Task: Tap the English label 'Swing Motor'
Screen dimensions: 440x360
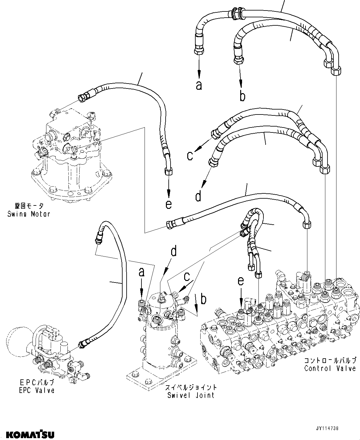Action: (x=29, y=214)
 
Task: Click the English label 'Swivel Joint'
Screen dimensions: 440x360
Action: (x=191, y=395)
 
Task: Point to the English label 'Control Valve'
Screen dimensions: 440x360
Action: (x=330, y=368)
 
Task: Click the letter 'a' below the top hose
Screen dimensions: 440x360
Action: (x=199, y=85)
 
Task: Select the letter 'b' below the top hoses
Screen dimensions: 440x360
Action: (x=242, y=96)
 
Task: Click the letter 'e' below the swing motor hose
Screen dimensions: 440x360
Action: (x=168, y=204)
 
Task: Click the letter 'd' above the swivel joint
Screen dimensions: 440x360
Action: (x=174, y=251)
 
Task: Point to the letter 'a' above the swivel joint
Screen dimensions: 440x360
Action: (x=141, y=272)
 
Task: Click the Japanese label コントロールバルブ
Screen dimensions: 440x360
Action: (x=330, y=360)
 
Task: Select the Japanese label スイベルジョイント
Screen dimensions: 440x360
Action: (x=191, y=387)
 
